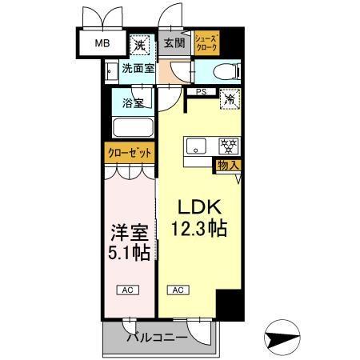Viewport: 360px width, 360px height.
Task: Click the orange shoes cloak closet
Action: tap(206, 42)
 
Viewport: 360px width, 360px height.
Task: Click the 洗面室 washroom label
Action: tap(138, 69)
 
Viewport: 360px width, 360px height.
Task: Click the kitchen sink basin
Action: tap(197, 146)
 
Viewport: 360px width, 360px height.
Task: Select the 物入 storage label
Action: tap(227, 165)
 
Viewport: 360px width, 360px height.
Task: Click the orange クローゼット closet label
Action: tap(130, 152)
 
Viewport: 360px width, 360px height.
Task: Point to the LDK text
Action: tap(197, 206)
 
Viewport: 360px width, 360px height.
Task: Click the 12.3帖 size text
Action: tap(197, 229)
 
